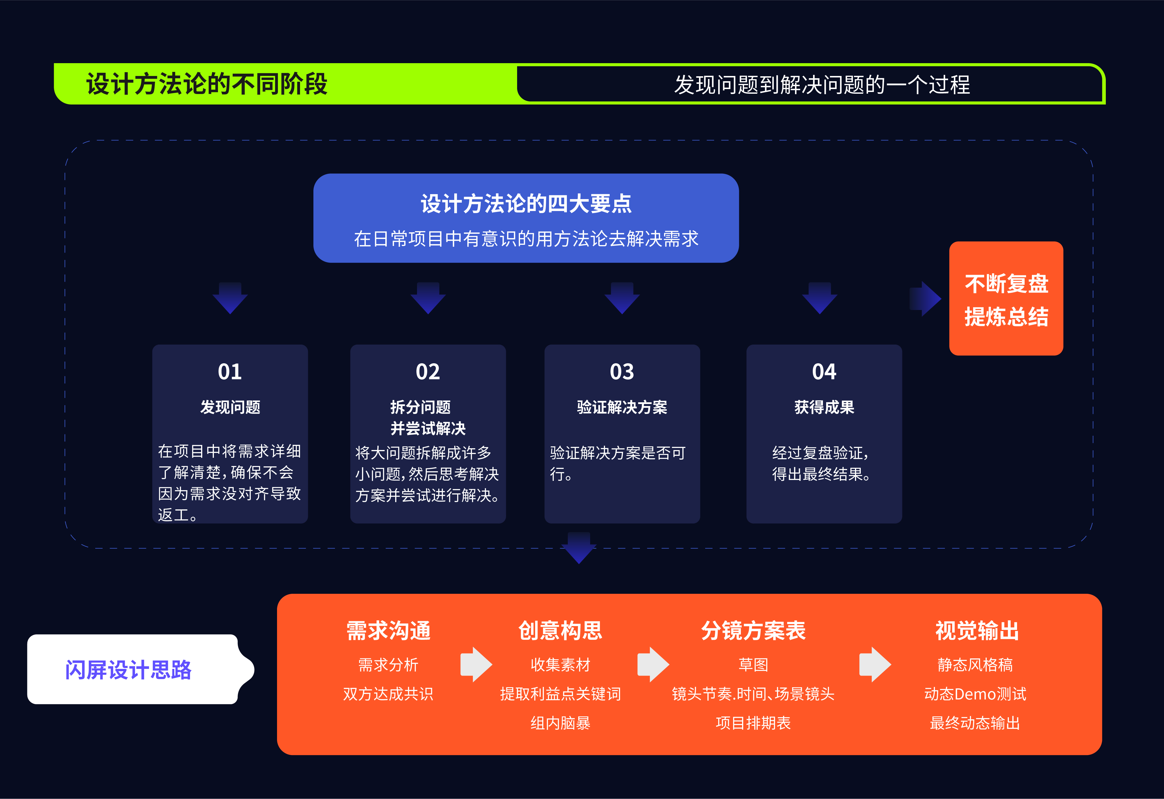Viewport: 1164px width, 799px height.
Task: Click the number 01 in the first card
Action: [230, 372]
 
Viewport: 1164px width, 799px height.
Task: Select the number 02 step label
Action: [428, 372]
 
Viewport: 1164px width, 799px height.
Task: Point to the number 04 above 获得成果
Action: [824, 372]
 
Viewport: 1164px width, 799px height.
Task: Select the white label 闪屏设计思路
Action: [128, 670]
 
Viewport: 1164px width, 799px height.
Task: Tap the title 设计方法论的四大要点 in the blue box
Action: [526, 204]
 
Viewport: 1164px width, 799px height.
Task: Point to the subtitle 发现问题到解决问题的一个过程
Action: [821, 85]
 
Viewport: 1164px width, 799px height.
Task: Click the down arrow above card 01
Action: [230, 299]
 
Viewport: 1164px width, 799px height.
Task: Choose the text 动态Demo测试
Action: [975, 694]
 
